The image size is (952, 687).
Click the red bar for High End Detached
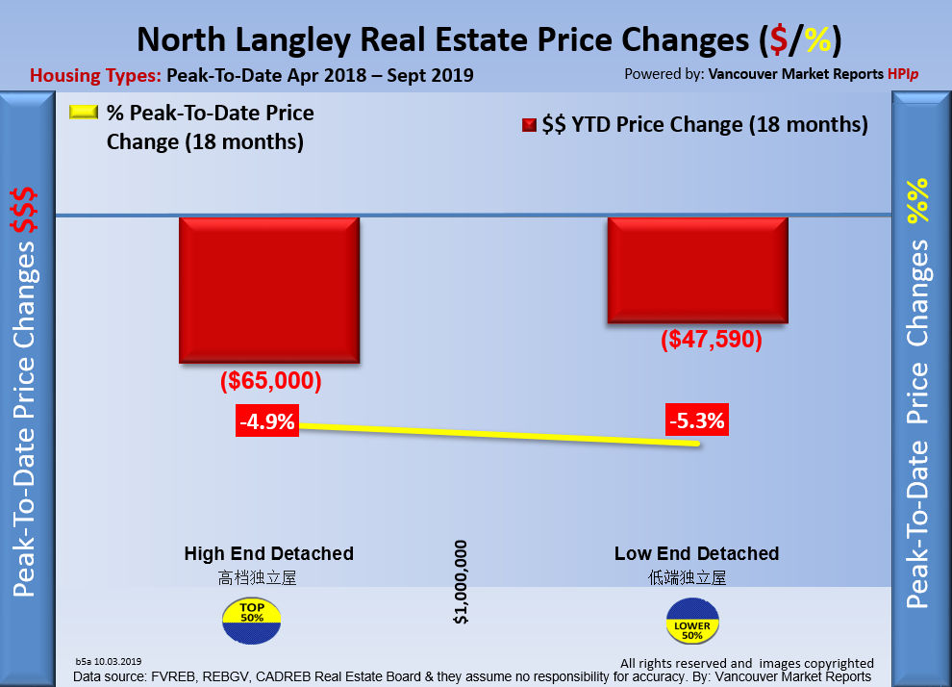pos(269,290)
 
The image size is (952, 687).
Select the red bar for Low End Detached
pos(697,270)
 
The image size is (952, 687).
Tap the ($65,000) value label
pos(270,380)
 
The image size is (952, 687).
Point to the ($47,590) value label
pos(712,340)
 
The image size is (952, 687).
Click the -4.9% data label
pos(268,421)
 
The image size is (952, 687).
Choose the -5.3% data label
pos(696,420)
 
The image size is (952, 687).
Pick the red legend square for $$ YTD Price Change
pos(529,125)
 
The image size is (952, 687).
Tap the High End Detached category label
pos(269,553)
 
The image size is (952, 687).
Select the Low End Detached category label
pos(696,553)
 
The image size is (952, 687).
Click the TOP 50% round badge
pos(252,621)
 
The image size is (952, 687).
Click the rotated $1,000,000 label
pos(462,581)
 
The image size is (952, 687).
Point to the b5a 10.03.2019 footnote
pos(108,661)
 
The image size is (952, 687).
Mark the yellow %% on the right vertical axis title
pos(920,200)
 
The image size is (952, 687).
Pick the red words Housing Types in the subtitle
pos(95,75)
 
